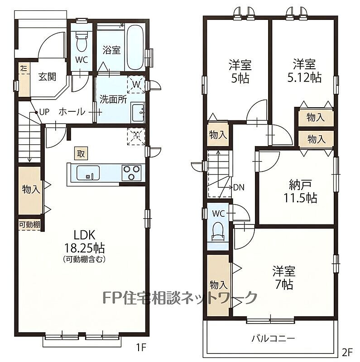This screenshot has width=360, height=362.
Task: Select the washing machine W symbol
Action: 136,84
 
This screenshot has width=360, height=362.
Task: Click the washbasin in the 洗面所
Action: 138,113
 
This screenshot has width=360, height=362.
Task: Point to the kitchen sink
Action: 88,173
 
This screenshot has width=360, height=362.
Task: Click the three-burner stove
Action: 132,173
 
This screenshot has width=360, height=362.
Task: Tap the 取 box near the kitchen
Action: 81,153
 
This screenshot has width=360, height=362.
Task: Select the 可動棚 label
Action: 29,224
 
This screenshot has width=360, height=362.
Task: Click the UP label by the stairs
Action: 44,112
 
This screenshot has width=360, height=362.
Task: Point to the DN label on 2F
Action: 239,187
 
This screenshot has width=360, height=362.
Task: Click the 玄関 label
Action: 47,76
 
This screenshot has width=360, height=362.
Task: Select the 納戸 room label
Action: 300,185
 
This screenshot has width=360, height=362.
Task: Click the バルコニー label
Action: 273,338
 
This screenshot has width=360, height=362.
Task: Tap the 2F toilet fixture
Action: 218,232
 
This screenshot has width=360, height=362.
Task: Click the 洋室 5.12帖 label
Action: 304,71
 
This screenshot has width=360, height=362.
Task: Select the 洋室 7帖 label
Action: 284,278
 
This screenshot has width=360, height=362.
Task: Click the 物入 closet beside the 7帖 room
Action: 218,286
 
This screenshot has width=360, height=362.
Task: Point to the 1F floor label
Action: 141,347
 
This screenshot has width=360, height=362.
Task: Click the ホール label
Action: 72,112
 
